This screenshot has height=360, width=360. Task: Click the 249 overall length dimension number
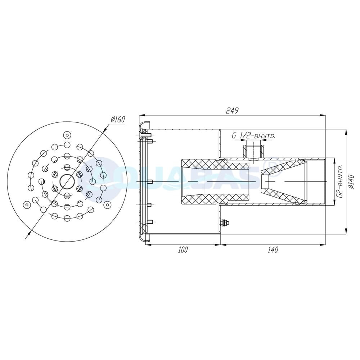232,111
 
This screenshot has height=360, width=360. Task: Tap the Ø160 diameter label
117,120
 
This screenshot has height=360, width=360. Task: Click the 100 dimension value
183,250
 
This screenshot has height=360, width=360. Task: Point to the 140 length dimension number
273,250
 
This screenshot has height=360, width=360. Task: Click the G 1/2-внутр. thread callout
254,136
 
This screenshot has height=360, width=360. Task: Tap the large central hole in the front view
67,181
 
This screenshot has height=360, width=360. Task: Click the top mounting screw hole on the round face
67,135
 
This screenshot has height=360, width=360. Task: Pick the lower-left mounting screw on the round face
26,205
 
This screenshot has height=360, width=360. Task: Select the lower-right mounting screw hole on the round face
107,204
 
